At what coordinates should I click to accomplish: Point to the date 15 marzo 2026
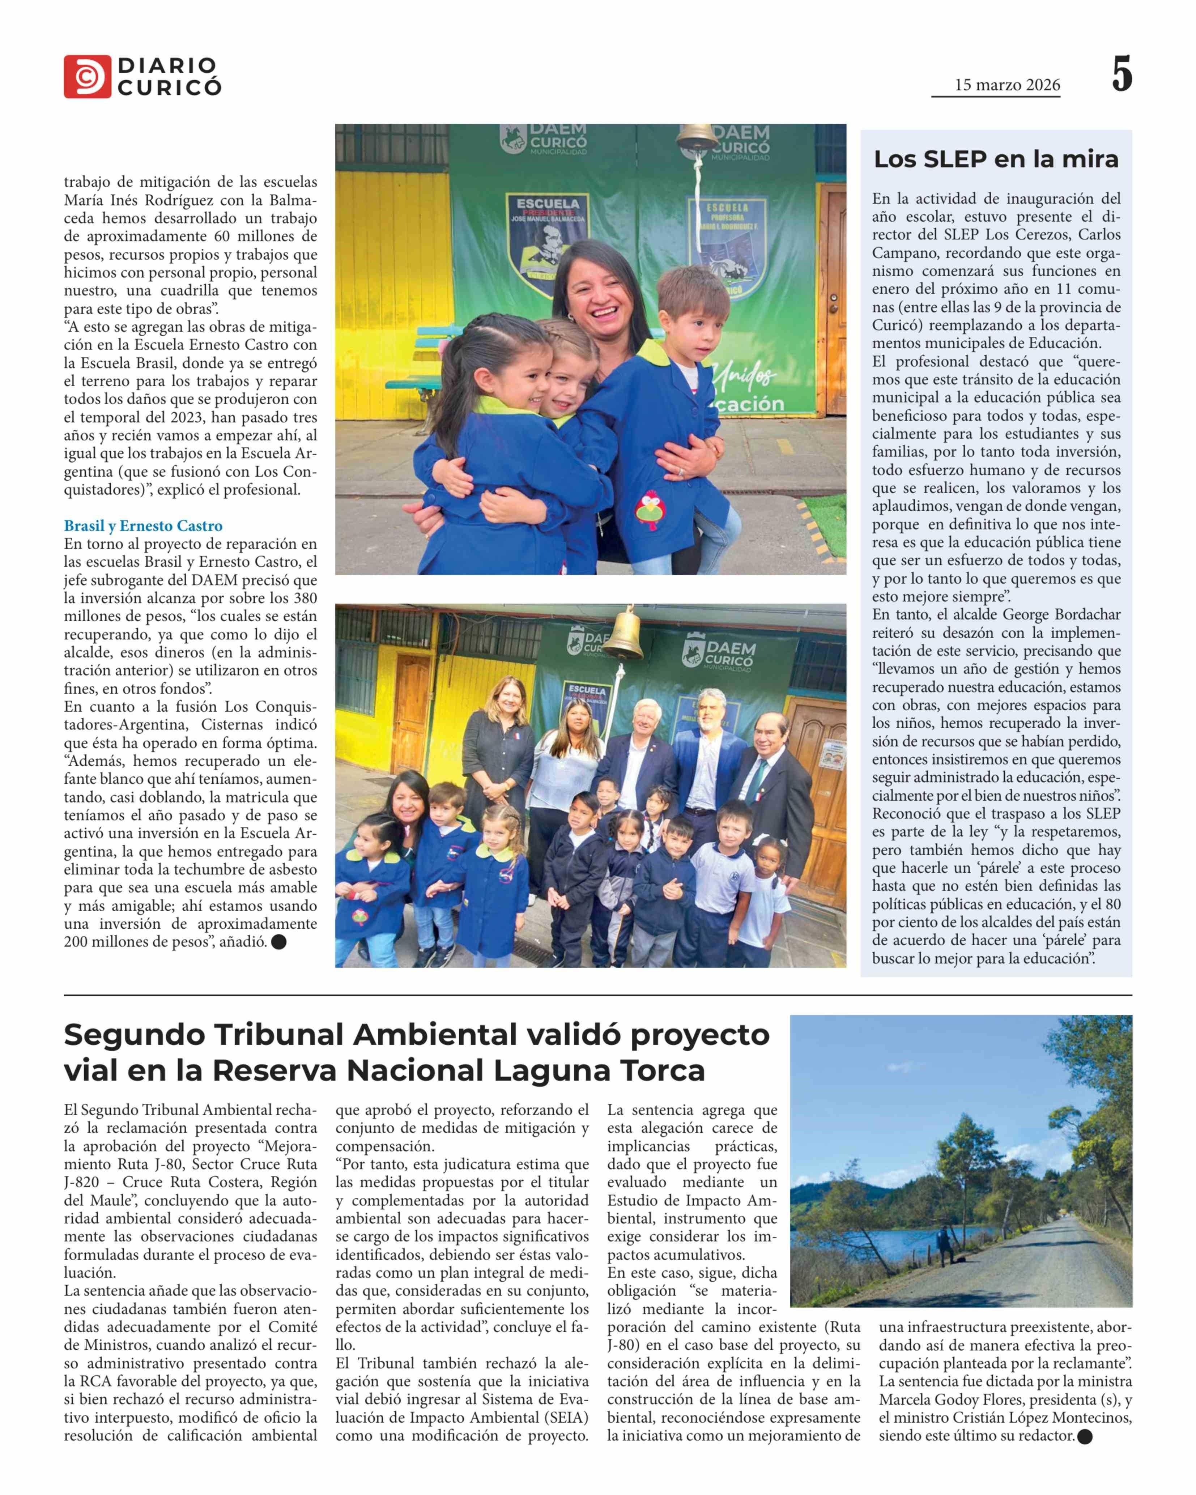coord(1007,85)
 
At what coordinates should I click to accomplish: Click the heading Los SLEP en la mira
coord(996,159)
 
